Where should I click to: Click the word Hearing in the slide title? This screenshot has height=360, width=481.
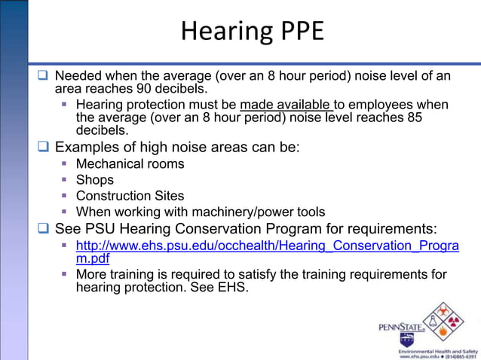coord(217,31)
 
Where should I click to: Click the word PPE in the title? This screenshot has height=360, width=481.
coord(297,31)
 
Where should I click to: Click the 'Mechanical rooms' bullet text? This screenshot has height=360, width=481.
coord(130,163)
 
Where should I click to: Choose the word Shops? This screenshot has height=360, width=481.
coord(95,179)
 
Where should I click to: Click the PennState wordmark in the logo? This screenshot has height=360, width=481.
coord(401,327)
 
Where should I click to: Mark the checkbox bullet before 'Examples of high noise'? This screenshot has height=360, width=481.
coord(44,147)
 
